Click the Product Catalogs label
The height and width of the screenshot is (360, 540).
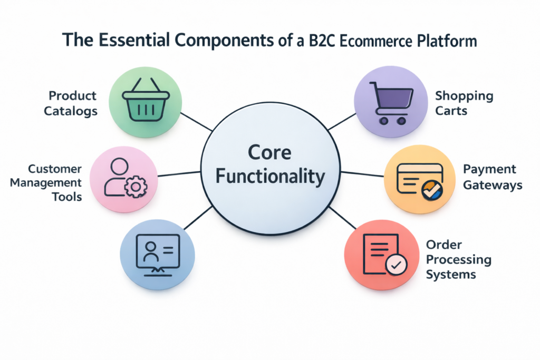pyautogui.click(x=73, y=103)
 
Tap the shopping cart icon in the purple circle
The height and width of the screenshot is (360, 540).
pyautogui.click(x=391, y=102)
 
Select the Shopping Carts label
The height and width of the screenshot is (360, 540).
pyautogui.click(x=464, y=103)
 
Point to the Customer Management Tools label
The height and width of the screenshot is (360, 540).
pyautogui.click(x=55, y=182)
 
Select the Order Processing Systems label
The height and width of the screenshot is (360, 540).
pyautogui.click(x=458, y=259)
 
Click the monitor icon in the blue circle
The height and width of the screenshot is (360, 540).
pyautogui.click(x=157, y=253)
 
